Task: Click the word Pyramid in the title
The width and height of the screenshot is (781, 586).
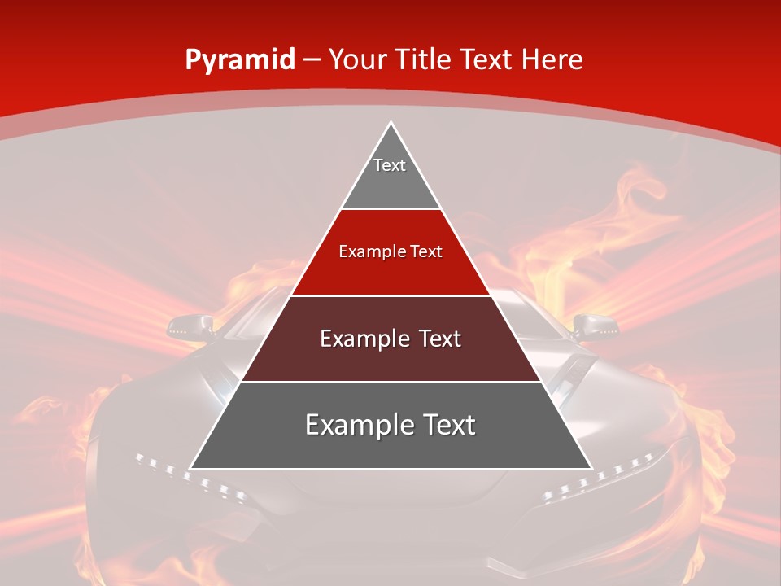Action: (x=239, y=59)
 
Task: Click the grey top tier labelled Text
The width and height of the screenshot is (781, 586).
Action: (x=390, y=175)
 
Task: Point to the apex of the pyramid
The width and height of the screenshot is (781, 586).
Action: (x=390, y=125)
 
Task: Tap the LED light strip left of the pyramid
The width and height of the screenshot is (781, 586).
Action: (x=189, y=477)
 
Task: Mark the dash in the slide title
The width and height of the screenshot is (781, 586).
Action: (x=312, y=60)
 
